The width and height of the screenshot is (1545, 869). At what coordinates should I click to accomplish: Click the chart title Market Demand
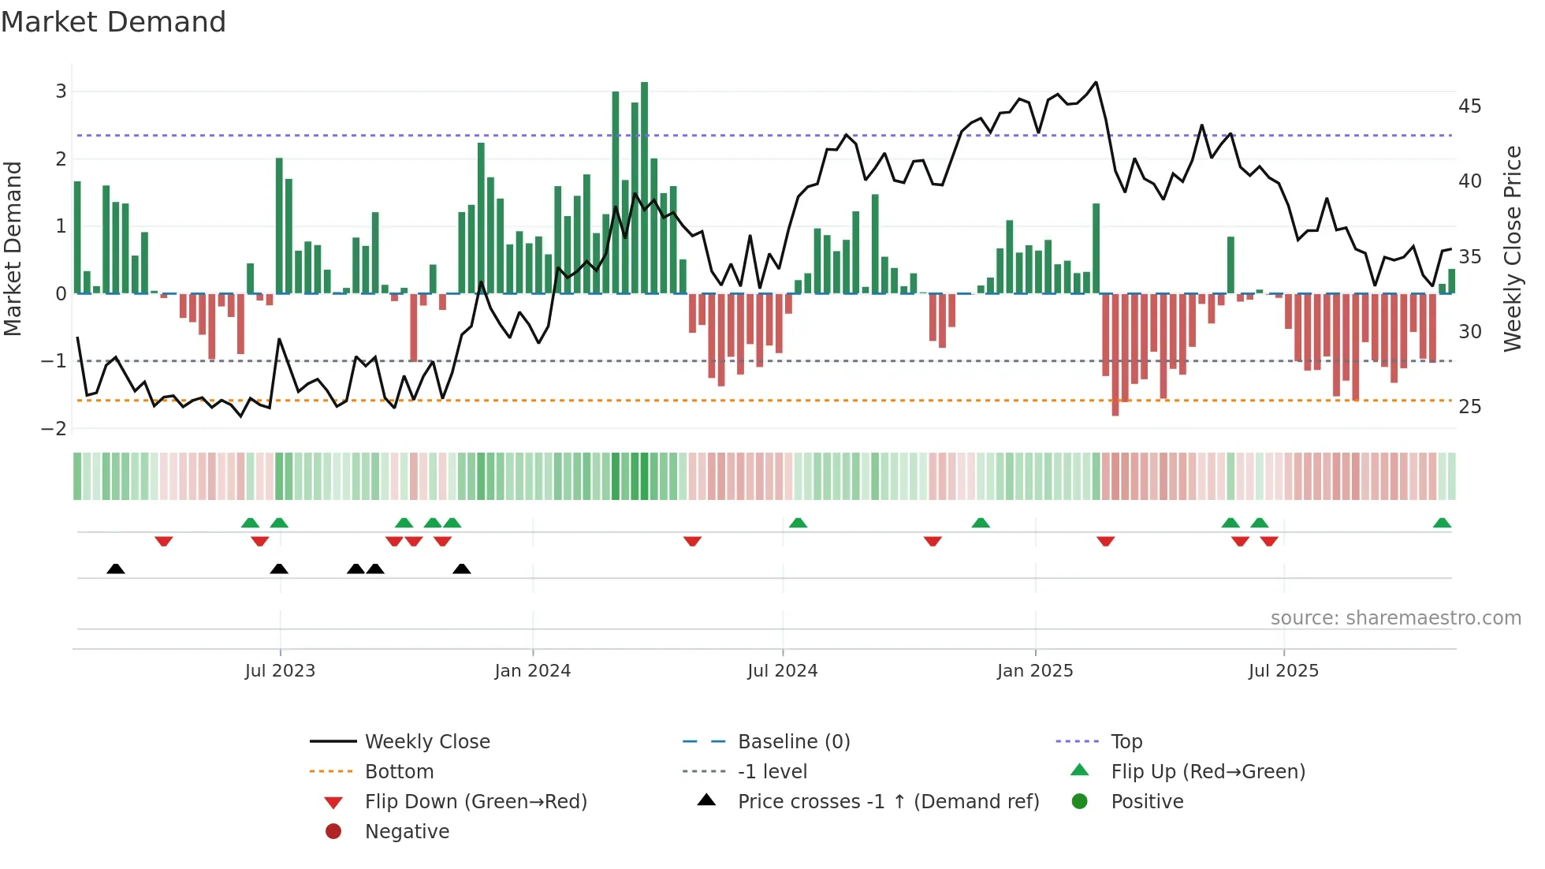(114, 22)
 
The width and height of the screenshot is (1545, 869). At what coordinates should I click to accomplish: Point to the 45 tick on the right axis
(1469, 106)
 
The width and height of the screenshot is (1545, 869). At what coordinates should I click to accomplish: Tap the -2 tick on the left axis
(54, 428)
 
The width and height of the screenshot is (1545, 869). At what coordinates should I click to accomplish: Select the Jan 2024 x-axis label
(532, 671)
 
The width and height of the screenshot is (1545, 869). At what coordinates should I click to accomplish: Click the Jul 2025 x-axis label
(1283, 671)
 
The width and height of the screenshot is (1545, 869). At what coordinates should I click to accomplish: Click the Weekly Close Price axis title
(1512, 248)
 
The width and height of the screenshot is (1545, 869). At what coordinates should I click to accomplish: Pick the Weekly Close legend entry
(426, 742)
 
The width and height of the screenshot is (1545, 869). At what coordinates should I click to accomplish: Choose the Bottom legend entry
(399, 772)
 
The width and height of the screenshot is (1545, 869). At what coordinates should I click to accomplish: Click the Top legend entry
(1126, 742)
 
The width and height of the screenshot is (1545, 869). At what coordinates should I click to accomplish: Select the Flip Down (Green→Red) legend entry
(475, 802)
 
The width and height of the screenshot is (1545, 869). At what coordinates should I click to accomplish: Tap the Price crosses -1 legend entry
(888, 802)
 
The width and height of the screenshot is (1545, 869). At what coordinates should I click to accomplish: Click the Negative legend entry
(407, 832)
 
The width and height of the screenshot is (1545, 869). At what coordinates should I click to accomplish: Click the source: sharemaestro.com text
(1395, 618)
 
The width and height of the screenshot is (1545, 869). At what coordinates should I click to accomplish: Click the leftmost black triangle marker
(116, 569)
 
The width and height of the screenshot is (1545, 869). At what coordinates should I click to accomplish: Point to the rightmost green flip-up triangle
(1442, 523)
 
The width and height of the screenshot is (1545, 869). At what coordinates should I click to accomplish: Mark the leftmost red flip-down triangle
(164, 541)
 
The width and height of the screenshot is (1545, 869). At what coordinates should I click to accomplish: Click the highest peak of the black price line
(1096, 83)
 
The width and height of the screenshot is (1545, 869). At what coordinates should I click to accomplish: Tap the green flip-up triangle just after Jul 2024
(798, 523)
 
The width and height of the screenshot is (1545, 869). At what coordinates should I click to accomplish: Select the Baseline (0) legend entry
(793, 742)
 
